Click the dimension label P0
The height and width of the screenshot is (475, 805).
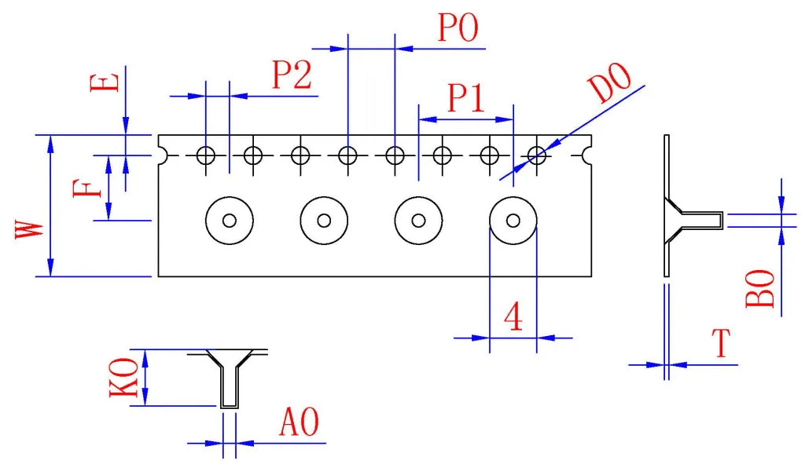pyautogui.click(x=458, y=27)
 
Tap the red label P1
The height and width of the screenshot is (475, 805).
pyautogui.click(x=466, y=97)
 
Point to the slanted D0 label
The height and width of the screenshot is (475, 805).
pyautogui.click(x=610, y=82)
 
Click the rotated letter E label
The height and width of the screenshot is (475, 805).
pyautogui.click(x=105, y=82)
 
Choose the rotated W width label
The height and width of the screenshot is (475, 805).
pyautogui.click(x=29, y=229)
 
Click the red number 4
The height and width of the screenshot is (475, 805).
pyautogui.click(x=513, y=316)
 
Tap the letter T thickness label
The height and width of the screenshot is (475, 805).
pyautogui.click(x=722, y=343)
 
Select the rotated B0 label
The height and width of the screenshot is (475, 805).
pyautogui.click(x=760, y=288)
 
